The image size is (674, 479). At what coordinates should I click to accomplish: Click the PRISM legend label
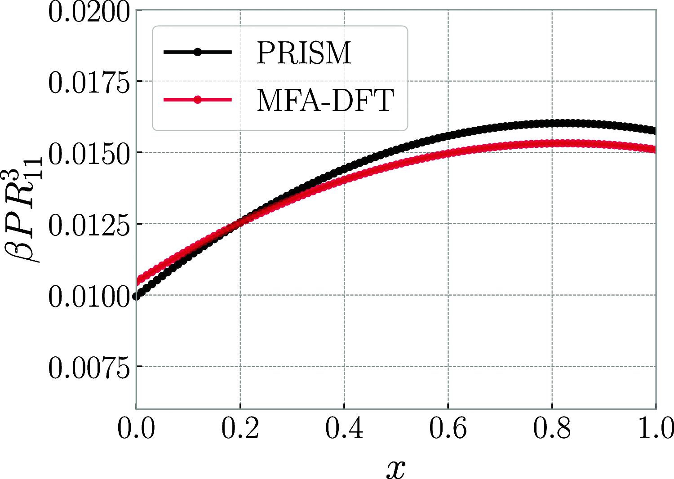pos(304,53)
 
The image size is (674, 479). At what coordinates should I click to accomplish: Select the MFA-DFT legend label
pos(325,100)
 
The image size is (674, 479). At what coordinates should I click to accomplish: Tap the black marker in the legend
pos(197,52)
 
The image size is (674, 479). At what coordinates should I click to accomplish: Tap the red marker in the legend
pos(197,99)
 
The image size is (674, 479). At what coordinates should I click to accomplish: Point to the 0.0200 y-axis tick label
pos(89,12)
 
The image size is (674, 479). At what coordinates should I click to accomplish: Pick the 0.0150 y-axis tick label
pos(89,154)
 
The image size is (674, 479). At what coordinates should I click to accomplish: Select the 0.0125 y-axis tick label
pos(89,225)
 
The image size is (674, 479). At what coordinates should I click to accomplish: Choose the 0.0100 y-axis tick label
pos(89,297)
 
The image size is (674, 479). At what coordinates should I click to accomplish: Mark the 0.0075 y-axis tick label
pos(89,368)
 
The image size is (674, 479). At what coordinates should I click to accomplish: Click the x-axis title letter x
pos(395,468)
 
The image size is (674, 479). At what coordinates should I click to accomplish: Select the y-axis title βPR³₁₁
pos(25,216)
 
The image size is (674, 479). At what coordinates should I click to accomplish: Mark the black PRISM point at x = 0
pos(137,296)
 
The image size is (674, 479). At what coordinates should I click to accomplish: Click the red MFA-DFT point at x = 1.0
pos(655,149)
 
